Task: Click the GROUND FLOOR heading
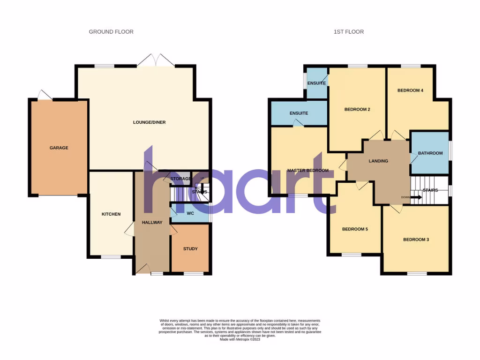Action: (x=111, y=32)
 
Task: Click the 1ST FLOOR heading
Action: (x=349, y=32)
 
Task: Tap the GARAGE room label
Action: (x=59, y=148)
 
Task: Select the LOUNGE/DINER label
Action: (x=149, y=122)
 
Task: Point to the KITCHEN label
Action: (x=111, y=214)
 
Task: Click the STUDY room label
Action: (x=190, y=249)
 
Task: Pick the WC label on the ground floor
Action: (x=190, y=213)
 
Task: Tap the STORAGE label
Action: (x=180, y=179)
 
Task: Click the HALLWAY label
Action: (x=152, y=223)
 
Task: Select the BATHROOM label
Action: (x=430, y=153)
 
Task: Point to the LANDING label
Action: (x=378, y=161)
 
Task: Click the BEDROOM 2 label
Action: (x=357, y=110)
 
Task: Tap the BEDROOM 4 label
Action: (x=411, y=90)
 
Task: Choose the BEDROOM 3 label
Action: (x=416, y=240)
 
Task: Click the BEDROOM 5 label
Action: (x=355, y=229)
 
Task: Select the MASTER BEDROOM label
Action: (x=307, y=171)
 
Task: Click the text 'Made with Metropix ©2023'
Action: (x=240, y=339)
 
